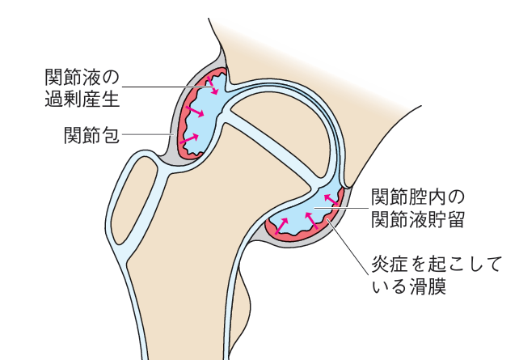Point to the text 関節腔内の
[419, 197]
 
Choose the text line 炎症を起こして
[437, 263]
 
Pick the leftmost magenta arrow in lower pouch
[284, 225]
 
